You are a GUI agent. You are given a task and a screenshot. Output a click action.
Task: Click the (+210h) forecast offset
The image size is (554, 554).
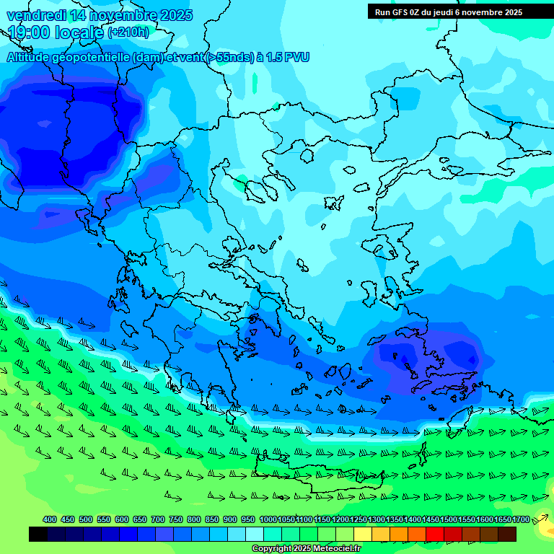(x=128, y=32)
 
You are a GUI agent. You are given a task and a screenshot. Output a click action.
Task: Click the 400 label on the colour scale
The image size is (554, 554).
(x=50, y=519)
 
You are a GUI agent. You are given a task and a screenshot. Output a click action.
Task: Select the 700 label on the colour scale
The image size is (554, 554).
(x=158, y=519)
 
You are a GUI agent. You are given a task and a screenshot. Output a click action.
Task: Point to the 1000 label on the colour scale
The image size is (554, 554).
(x=268, y=519)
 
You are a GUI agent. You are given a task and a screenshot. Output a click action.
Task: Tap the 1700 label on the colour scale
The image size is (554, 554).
(x=520, y=519)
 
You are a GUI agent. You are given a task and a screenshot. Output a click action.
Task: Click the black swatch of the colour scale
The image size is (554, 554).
(x=38, y=534)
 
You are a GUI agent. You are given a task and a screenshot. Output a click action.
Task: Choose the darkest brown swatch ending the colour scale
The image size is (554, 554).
(x=507, y=534)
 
